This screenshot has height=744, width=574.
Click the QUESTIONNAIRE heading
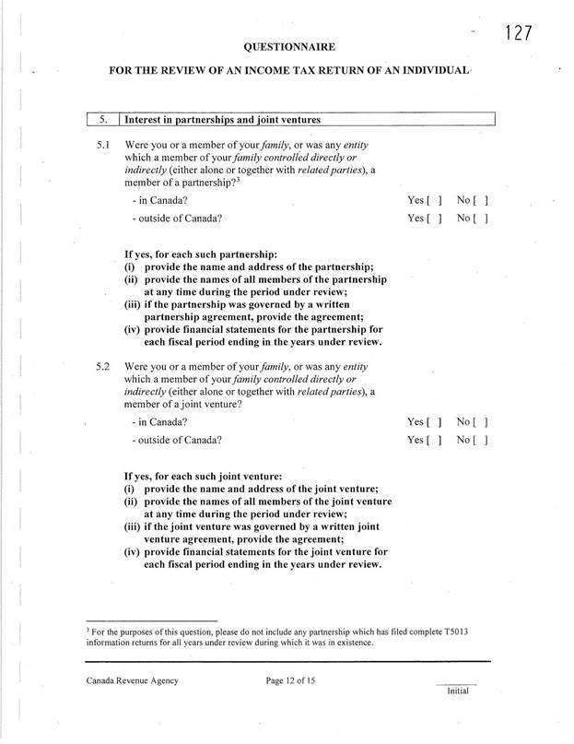point(288,45)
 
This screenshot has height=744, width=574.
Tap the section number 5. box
point(104,118)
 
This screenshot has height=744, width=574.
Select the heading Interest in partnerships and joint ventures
point(222,118)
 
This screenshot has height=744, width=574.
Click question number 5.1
point(103,146)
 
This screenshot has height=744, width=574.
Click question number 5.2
point(103,367)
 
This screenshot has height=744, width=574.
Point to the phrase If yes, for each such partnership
point(200,254)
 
